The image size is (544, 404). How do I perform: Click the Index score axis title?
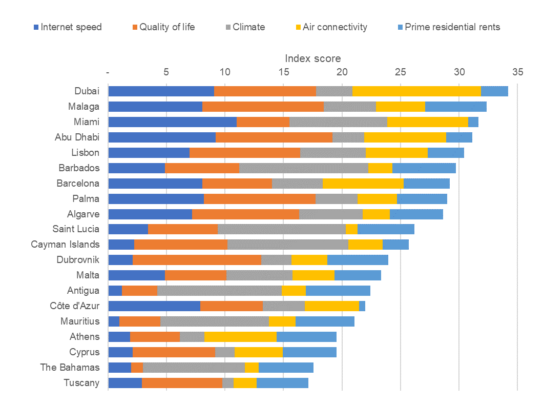312,58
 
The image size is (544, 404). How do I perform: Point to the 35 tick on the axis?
517,72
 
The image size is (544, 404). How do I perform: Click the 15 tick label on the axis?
283,72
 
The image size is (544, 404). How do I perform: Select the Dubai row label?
87,91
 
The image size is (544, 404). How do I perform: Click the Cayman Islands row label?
65,245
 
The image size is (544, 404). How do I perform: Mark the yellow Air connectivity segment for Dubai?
416,91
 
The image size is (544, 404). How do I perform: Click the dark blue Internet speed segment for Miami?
172,122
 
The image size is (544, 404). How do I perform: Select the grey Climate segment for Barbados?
304,168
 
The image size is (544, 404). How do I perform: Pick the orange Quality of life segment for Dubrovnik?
197,260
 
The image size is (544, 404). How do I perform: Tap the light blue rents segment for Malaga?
455,107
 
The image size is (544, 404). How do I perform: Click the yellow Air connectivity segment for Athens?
240,337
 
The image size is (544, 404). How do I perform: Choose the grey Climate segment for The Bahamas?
194,368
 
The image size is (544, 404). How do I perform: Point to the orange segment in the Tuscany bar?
182,383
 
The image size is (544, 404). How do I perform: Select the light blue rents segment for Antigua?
338,291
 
